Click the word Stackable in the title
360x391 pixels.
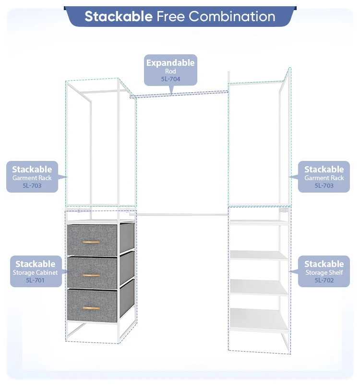click(119, 16)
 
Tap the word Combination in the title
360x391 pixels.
click(232, 16)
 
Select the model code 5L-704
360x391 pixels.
click(170, 79)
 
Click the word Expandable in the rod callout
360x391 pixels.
click(170, 63)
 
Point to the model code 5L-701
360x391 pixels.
click(36, 280)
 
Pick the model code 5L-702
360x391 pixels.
click(324, 280)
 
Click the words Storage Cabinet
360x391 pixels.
click(36, 272)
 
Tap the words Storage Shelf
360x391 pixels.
click(324, 272)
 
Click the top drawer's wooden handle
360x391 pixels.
click(91, 242)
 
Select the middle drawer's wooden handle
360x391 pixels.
click(91, 275)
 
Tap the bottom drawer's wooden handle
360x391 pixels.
click(91, 307)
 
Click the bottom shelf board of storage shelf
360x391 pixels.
click(259, 319)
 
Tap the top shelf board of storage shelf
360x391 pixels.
click(259, 222)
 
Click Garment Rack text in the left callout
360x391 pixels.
click(32, 178)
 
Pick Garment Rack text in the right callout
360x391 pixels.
click(324, 178)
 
